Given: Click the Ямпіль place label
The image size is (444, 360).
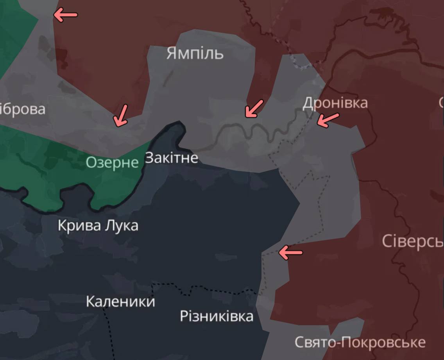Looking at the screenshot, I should [x=195, y=53].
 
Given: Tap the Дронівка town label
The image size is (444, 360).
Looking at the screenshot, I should [x=335, y=103].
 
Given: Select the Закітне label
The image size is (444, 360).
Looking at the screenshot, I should [x=172, y=158].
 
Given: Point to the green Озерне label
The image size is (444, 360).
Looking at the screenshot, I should [x=112, y=162].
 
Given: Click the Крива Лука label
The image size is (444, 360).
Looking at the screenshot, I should [x=98, y=226].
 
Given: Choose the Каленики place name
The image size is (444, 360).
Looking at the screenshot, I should [x=120, y=301].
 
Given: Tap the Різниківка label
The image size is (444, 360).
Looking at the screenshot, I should [x=217, y=316].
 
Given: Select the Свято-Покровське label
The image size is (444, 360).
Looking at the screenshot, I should [x=360, y=342].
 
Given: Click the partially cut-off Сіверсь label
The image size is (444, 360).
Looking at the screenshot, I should [x=412, y=242].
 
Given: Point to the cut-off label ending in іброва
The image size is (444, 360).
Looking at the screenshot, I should [x=22, y=109].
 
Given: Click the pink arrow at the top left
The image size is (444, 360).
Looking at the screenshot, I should [x=65, y=15].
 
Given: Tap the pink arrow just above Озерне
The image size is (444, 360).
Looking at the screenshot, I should [x=120, y=116].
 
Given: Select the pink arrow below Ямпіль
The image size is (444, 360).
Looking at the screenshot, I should [x=254, y=108].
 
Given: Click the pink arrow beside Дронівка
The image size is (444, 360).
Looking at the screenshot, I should [x=328, y=119].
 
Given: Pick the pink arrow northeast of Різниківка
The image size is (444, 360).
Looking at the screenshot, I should [x=290, y=252].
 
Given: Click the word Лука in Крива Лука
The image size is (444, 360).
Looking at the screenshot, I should [x=121, y=226].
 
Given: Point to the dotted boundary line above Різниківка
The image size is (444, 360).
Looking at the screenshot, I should [x=203, y=289].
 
